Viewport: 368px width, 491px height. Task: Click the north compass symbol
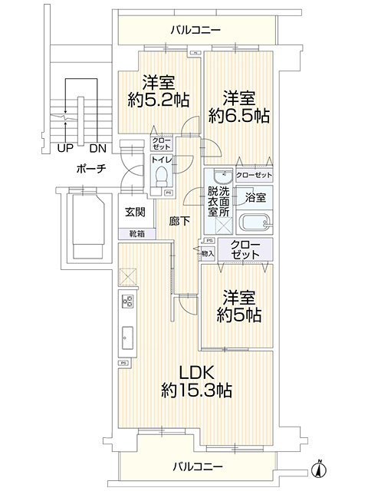coord(320,466)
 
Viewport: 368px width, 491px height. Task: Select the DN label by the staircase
coord(97,148)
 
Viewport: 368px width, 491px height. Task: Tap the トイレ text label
coord(161,160)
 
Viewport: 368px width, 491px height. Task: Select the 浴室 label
coord(255,197)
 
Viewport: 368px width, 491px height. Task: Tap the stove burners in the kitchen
coord(127,303)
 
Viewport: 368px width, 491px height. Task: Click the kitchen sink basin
coord(127,337)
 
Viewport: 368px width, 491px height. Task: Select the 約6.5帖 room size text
coord(235,116)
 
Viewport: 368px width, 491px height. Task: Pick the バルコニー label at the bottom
coord(197,466)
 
